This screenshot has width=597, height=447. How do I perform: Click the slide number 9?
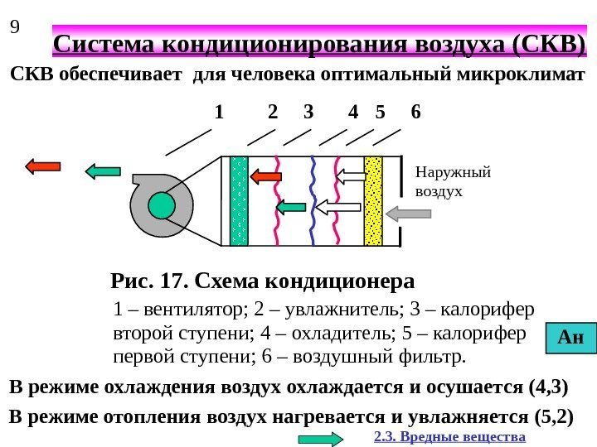pos(14,27)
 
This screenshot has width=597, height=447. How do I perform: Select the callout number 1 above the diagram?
pos(219,112)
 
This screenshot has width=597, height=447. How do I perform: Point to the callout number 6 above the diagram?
pos(415,112)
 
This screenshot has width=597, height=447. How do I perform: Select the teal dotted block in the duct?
pos(239,200)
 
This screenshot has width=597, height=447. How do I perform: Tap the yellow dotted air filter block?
pos(373,200)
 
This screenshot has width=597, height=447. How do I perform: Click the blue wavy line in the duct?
pos(313,200)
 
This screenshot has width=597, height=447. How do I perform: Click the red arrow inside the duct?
pos(266,175)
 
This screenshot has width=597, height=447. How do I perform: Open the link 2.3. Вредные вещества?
pos(449,436)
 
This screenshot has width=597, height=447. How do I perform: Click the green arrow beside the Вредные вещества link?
pos(320,440)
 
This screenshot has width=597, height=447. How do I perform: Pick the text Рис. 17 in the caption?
pos(150,281)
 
